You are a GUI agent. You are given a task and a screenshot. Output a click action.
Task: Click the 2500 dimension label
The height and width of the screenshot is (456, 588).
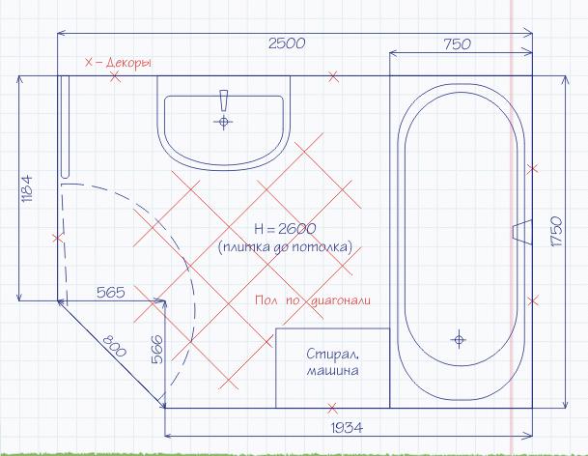[287, 43]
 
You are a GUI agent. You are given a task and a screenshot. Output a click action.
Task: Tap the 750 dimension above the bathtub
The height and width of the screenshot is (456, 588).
[457, 43]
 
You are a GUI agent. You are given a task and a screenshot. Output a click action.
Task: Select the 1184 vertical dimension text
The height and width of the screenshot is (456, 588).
[27, 188]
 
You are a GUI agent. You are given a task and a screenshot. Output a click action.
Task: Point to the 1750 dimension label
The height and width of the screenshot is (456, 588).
[558, 231]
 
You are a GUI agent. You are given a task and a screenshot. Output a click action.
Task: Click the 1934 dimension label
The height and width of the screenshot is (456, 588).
[347, 427]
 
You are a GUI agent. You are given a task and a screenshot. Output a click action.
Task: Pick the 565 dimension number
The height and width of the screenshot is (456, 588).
[111, 293]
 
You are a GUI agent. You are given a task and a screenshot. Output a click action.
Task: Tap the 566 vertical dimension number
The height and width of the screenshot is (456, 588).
[157, 349]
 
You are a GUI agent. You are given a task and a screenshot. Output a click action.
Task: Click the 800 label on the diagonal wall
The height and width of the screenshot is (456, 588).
[114, 345]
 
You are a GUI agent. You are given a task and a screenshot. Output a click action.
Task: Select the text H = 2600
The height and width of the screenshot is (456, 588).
[285, 229]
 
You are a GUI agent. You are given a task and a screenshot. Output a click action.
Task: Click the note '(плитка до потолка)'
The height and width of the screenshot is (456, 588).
[285, 247]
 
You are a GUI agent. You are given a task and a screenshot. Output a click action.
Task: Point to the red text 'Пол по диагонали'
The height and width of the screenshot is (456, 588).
[313, 300]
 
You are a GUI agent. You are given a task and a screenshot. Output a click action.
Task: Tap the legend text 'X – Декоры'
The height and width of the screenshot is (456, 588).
[118, 62]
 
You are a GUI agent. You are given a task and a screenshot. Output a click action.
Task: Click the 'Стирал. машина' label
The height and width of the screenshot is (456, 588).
[333, 362]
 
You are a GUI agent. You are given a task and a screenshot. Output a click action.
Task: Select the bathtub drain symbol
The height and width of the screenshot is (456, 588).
[459, 340]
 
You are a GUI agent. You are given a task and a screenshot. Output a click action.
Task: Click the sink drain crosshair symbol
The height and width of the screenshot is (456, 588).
[223, 122]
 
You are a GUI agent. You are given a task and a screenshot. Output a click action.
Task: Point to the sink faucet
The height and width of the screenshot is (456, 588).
[224, 100]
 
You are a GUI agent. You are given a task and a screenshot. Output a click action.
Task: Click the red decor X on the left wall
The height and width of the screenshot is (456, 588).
[58, 238]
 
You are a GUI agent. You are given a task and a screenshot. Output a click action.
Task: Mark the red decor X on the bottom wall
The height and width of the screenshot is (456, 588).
[332, 408]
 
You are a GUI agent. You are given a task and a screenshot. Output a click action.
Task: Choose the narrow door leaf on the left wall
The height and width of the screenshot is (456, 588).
[65, 127]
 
